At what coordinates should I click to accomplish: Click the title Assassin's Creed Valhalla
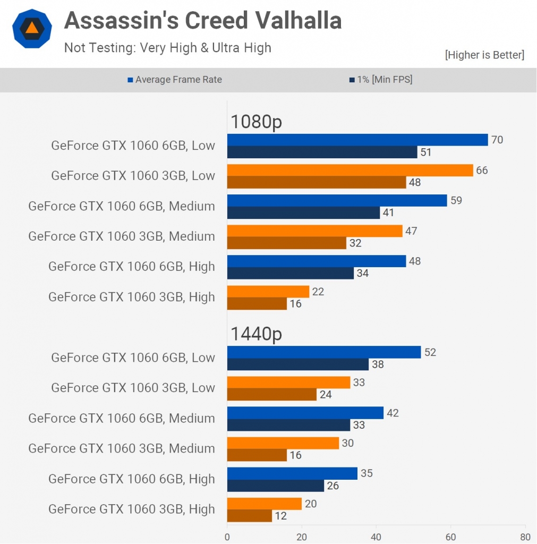tap(202, 21)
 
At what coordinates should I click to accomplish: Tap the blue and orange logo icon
tap(32, 29)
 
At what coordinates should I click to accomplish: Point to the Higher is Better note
tap(484, 55)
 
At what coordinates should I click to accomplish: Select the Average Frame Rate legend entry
tap(175, 80)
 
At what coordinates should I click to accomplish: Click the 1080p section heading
tap(256, 122)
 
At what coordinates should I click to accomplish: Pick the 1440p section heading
tap(256, 334)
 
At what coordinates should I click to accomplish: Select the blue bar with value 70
tap(357, 140)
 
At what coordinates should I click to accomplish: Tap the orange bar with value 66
tap(350, 170)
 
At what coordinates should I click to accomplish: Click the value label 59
tap(456, 201)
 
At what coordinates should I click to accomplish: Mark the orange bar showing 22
tap(268, 291)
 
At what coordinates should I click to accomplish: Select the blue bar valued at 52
tap(324, 352)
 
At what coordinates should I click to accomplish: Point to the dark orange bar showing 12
tap(250, 515)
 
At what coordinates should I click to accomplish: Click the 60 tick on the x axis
tap(451, 537)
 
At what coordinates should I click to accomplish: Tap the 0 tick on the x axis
tap(227, 537)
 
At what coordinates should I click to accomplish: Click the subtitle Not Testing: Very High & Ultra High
tap(168, 47)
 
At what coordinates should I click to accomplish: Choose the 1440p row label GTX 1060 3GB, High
tap(132, 509)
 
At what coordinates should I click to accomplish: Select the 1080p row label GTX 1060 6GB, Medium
tap(122, 206)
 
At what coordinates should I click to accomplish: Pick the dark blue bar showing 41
tap(304, 213)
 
